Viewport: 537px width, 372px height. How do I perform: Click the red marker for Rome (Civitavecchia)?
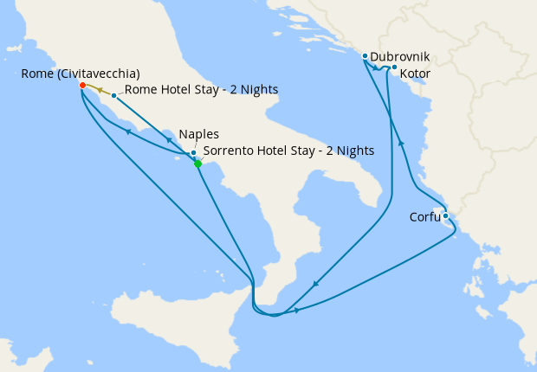(x=82, y=86)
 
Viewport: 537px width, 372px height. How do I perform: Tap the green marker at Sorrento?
(x=198, y=164)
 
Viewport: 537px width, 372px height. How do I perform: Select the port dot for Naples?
(x=193, y=153)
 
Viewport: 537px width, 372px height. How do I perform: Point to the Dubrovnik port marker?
(x=366, y=56)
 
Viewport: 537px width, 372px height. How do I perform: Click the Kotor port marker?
(x=394, y=67)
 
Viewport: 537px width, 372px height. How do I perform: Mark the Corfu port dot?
(x=445, y=216)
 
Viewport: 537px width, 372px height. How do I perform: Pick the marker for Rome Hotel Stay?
(x=113, y=95)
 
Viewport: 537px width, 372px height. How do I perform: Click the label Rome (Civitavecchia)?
(x=81, y=74)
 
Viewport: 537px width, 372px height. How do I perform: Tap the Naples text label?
(x=198, y=135)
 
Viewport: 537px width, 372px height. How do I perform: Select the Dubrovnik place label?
(x=399, y=57)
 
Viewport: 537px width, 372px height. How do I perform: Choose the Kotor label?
(x=415, y=74)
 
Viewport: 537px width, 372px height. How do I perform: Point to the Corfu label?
(x=424, y=217)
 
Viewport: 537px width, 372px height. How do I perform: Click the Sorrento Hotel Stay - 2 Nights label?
(x=288, y=151)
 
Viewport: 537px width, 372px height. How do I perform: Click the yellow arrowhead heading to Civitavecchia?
(x=100, y=90)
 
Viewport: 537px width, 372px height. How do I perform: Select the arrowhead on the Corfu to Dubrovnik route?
(x=401, y=143)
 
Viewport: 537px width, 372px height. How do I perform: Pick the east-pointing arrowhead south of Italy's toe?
(x=297, y=310)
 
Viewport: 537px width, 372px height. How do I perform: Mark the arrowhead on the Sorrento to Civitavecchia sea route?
(x=128, y=131)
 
